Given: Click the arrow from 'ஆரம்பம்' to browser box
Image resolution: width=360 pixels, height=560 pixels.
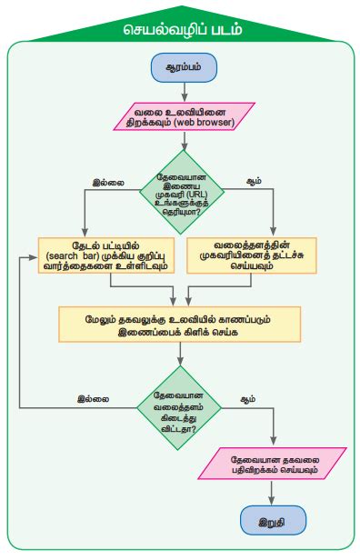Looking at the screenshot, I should (184, 91).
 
